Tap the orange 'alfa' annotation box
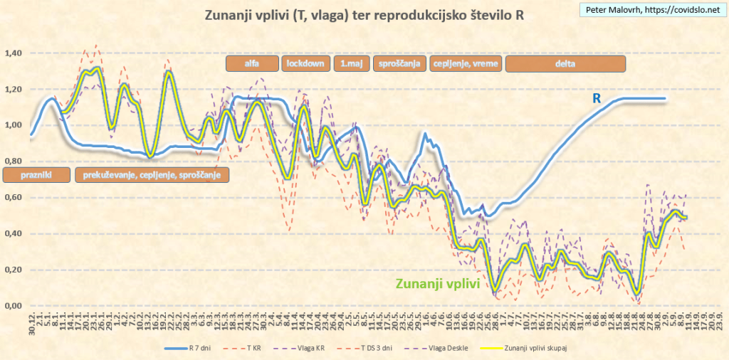[x=251, y=63]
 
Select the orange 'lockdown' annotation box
[x=306, y=63]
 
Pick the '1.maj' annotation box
[x=351, y=63]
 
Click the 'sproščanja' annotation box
[x=399, y=63]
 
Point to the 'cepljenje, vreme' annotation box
[x=466, y=63]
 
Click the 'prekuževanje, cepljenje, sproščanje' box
[x=152, y=175]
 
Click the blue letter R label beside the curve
[x=597, y=99]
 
